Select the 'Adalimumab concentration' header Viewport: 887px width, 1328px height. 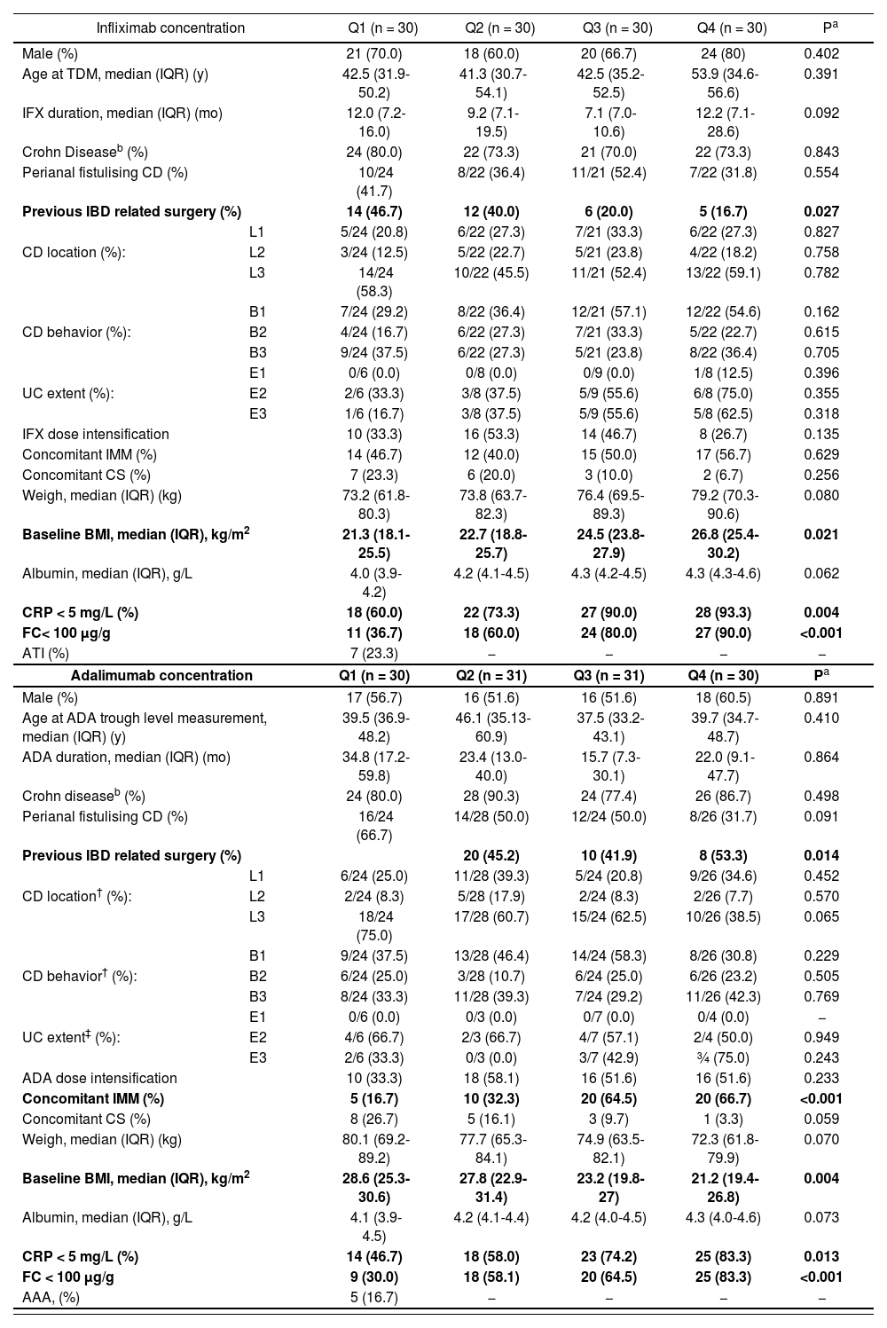[x=162, y=675]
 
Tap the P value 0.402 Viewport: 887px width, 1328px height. [x=820, y=53]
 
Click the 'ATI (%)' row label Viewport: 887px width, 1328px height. [x=45, y=654]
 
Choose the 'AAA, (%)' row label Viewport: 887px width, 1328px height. [x=51, y=1297]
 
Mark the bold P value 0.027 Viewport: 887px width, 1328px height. [x=820, y=211]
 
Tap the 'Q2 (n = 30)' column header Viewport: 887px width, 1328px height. [x=499, y=28]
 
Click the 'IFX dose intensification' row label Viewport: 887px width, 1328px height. [x=96, y=434]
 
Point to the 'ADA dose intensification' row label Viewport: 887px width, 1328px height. [x=99, y=1078]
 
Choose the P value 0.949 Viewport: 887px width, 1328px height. [x=820, y=1037]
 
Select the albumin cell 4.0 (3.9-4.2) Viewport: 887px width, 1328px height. [x=373, y=582]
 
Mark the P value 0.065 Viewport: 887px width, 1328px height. [x=820, y=916]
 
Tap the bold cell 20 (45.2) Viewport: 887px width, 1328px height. [x=491, y=855]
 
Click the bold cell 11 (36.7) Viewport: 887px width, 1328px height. [x=373, y=633]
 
